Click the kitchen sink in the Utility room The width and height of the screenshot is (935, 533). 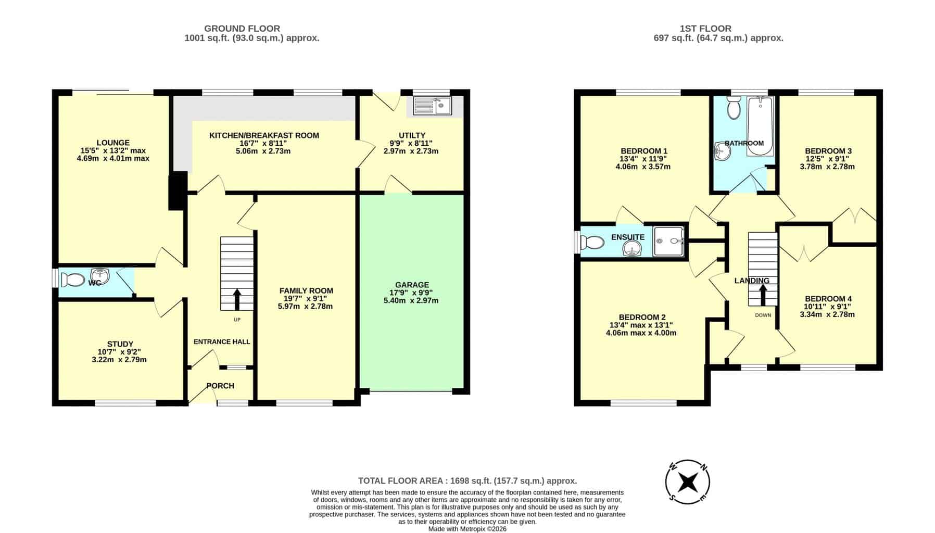click(x=433, y=106)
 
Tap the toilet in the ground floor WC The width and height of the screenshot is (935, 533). click(x=72, y=280)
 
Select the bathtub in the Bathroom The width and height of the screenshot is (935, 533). click(x=760, y=126)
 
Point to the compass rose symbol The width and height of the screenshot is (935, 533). click(x=688, y=482)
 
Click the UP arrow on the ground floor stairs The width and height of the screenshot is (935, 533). click(x=237, y=299)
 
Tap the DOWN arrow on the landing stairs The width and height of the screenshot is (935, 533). click(x=763, y=295)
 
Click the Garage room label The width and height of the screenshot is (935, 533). click(x=412, y=285)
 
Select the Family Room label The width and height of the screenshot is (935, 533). click(x=306, y=290)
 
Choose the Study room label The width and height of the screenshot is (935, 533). click(x=120, y=344)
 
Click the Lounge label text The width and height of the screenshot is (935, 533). click(x=113, y=143)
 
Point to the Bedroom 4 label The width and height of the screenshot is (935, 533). click(x=828, y=299)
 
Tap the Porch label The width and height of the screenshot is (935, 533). click(x=220, y=386)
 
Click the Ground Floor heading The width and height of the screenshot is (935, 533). click(x=242, y=29)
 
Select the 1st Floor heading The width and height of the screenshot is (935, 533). click(x=705, y=29)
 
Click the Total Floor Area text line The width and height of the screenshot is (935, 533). click(x=467, y=481)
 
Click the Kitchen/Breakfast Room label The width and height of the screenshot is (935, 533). click(x=264, y=135)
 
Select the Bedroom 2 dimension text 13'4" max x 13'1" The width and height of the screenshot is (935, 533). click(x=641, y=325)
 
